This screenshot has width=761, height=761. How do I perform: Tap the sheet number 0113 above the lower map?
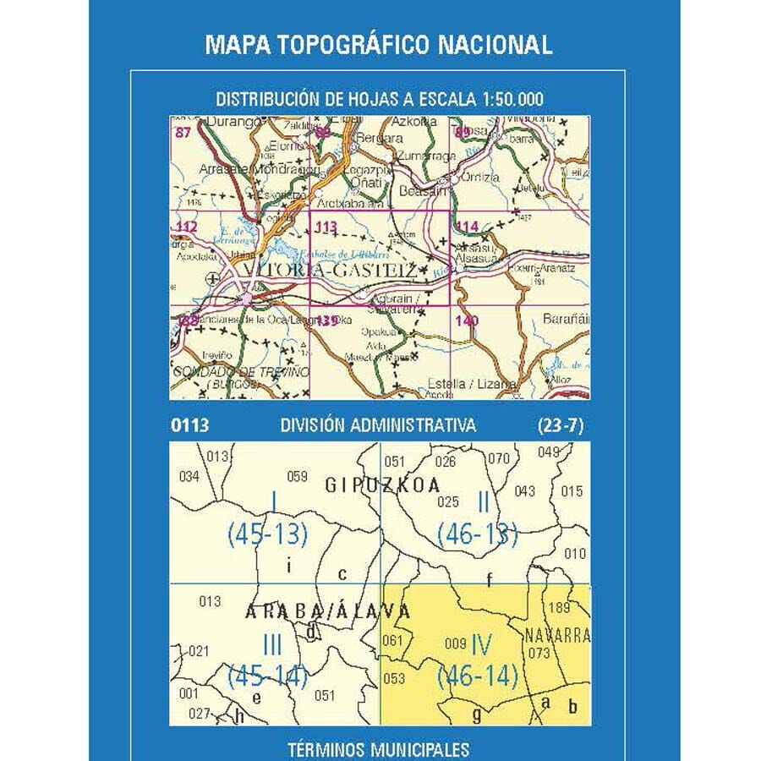189,426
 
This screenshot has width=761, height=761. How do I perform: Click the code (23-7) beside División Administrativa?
560,426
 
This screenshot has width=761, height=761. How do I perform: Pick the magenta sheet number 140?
466,320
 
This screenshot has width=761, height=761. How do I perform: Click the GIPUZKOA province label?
383,485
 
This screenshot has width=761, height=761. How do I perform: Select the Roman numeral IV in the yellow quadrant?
482,644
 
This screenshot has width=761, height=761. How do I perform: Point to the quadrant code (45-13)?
266,534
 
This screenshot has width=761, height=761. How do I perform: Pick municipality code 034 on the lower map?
189,477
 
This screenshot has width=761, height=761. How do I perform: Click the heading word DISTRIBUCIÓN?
264,100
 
